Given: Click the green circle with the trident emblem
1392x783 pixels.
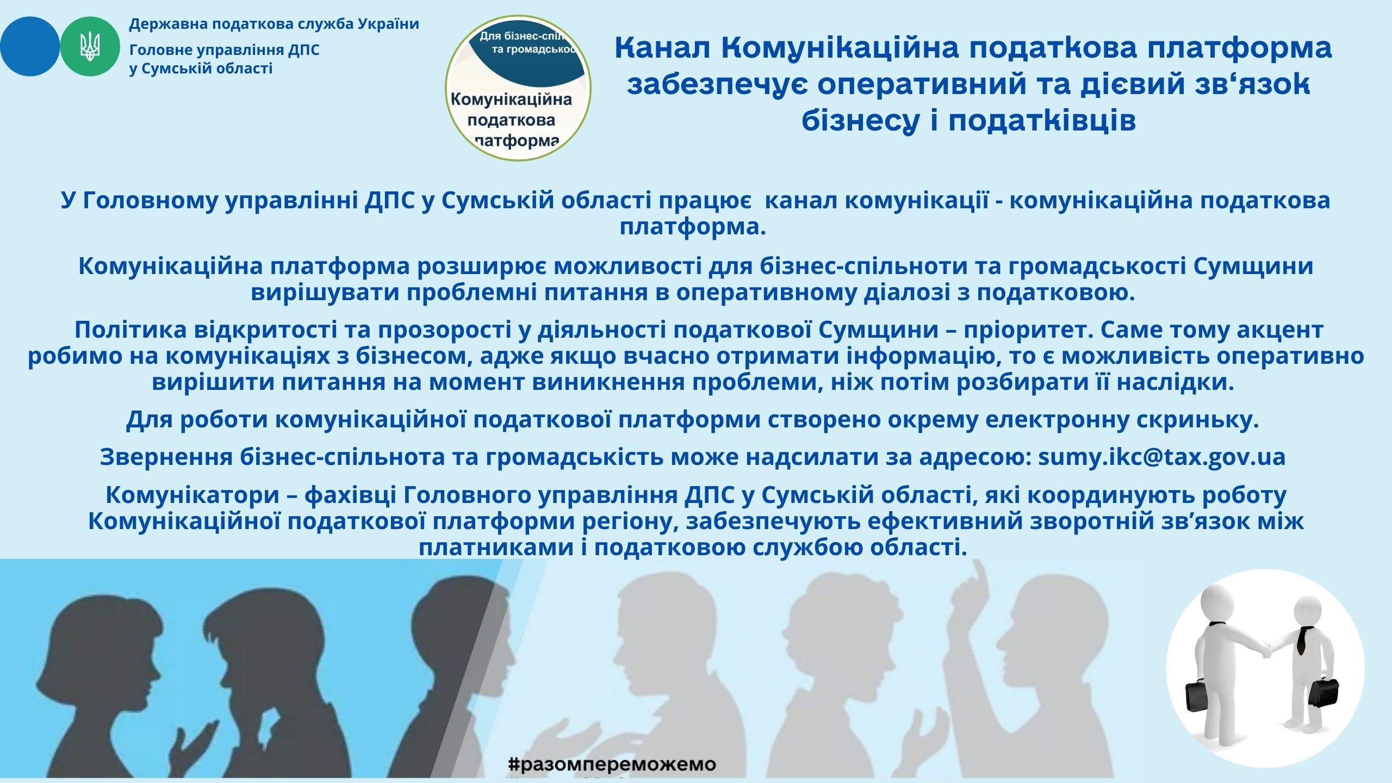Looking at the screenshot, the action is click(x=90, y=46).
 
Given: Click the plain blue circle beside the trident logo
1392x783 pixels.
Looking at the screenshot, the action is click(x=30, y=46).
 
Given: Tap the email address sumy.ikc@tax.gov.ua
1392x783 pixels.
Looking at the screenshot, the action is click(x=1161, y=457).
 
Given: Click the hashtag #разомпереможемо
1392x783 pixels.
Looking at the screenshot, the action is click(x=612, y=764).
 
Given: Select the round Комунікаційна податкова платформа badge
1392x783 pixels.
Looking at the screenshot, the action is click(x=518, y=88).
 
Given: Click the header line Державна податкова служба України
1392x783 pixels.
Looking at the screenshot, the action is click(x=274, y=24).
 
